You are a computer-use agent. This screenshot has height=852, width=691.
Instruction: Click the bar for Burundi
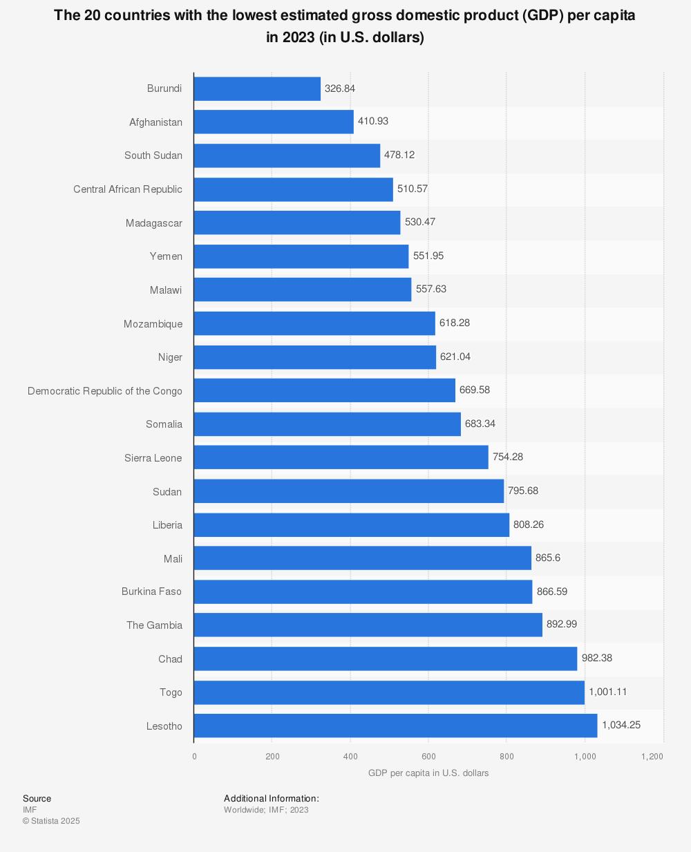[257, 88]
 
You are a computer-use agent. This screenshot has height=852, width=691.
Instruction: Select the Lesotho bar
[395, 726]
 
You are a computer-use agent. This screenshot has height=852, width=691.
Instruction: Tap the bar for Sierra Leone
[341, 457]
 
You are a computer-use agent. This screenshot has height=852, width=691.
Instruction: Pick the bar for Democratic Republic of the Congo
[324, 390]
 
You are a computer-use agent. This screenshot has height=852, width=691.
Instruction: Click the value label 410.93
[373, 121]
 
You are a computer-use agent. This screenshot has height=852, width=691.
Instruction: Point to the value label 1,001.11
[608, 692]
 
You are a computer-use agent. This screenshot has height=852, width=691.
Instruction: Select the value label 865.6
[548, 558]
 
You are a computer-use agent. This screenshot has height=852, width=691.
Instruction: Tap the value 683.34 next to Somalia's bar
[480, 424]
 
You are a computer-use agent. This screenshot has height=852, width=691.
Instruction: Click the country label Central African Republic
[128, 189]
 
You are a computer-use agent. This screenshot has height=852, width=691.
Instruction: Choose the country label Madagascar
[154, 223]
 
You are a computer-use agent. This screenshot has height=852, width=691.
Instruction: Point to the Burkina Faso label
[151, 591]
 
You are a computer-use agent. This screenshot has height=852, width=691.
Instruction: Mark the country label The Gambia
[154, 625]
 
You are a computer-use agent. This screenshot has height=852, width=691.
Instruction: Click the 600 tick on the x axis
[428, 757]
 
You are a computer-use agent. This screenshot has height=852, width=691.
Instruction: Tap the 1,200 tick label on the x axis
[652, 757]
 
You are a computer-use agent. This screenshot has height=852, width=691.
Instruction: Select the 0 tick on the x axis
[194, 757]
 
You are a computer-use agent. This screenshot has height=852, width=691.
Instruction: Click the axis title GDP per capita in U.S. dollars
[428, 773]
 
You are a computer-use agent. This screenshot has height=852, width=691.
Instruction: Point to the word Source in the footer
[37, 799]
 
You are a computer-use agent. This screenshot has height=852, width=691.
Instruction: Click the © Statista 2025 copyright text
[51, 821]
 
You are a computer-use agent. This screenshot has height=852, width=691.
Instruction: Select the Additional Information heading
[272, 799]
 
